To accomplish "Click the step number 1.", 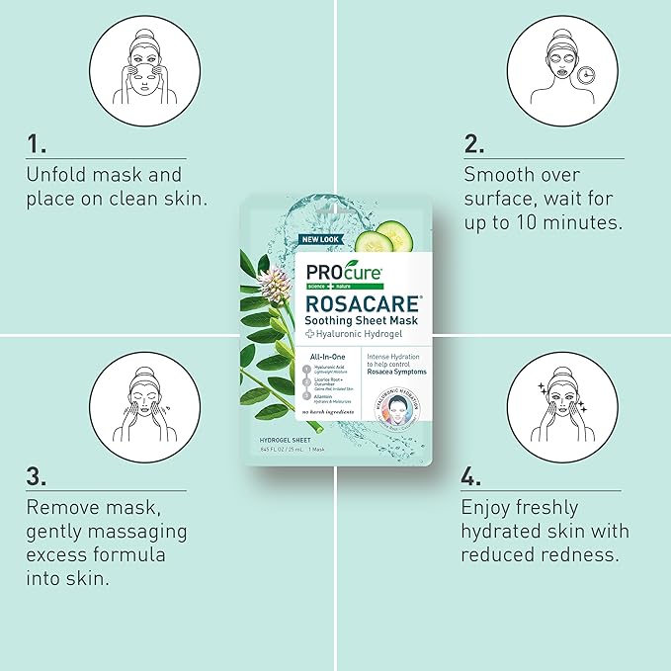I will coord(37,144).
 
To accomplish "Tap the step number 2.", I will coord(474,144).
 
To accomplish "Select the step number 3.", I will coord(38,477).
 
